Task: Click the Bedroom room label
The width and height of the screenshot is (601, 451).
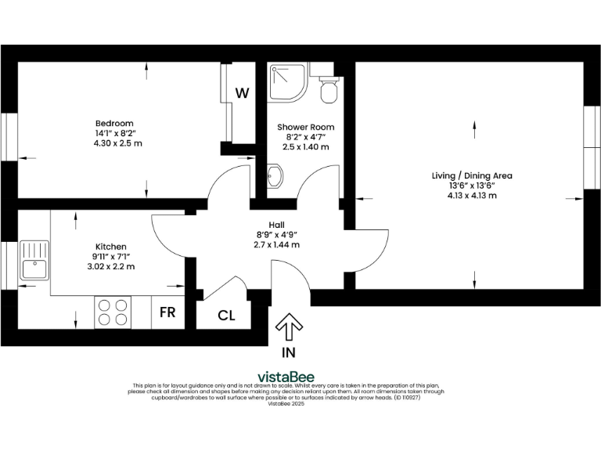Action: click(114, 123)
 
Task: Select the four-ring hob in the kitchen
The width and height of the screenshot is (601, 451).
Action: click(112, 312)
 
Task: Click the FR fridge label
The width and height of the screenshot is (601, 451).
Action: click(167, 312)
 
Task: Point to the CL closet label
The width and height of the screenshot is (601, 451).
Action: click(226, 316)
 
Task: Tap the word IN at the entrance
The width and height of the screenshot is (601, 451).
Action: click(289, 352)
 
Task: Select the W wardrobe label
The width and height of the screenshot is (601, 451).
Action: click(243, 93)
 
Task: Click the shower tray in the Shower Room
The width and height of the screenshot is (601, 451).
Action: click(288, 82)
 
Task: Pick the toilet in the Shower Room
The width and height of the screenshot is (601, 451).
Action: click(329, 88)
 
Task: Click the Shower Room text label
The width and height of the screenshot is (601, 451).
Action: click(305, 127)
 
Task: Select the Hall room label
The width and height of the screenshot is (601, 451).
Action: click(276, 224)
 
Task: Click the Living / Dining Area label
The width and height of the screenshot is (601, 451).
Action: click(472, 175)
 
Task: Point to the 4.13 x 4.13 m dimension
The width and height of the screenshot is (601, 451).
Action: click(472, 195)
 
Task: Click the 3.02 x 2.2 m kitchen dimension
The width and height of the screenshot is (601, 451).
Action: click(110, 266)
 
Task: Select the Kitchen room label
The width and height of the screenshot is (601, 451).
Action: click(110, 225)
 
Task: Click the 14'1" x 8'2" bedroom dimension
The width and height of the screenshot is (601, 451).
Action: click(114, 133)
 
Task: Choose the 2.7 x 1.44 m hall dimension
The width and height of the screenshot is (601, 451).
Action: click(276, 244)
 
